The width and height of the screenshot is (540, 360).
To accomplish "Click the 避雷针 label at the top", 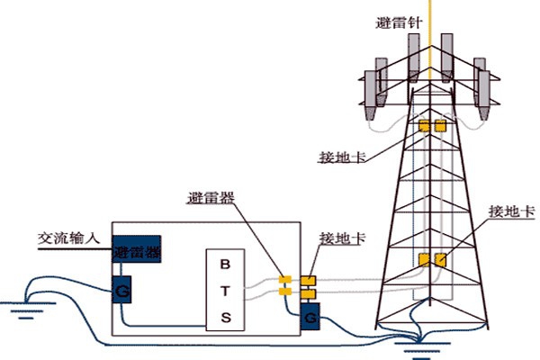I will click(397, 22).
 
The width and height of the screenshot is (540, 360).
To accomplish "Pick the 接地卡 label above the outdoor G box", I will click(338, 240).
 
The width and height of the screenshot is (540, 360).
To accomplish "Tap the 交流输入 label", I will click(66, 238).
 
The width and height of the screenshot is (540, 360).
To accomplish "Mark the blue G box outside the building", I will click(310, 317).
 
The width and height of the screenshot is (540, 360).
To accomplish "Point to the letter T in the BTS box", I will click(226, 290).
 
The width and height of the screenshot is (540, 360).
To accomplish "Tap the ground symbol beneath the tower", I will click(414, 342).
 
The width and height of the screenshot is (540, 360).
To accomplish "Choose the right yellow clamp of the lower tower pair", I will click(440, 261).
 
